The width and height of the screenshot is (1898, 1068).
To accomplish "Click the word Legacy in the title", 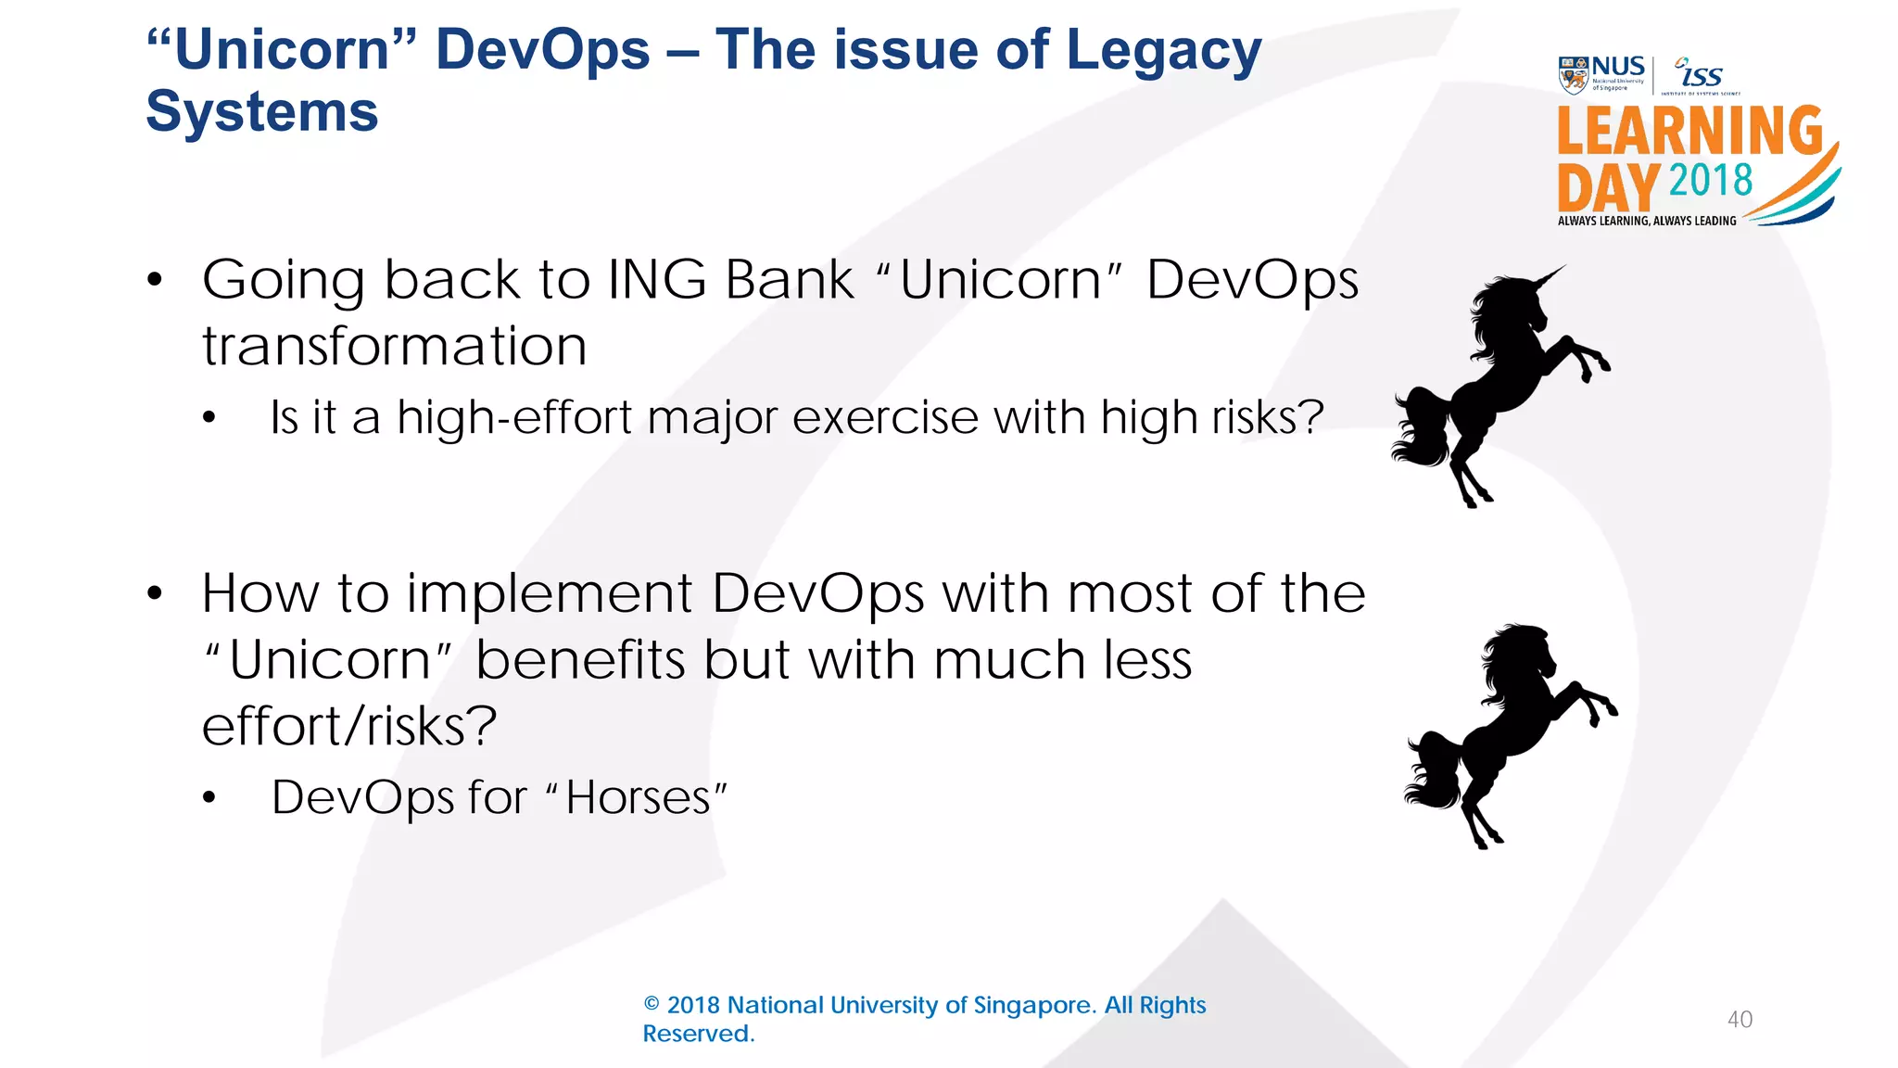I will pos(1163,51).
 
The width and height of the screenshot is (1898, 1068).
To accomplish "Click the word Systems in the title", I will pos(262,112).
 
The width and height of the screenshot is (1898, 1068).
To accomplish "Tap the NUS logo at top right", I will pos(1601,74).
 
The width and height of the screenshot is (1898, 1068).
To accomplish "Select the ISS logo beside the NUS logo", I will pos(1701,75).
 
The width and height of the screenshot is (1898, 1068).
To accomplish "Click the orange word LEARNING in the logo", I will pos(1689,132).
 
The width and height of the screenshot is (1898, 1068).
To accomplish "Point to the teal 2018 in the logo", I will pos(1711,180).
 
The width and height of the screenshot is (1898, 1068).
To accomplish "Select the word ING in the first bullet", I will pos(657,279).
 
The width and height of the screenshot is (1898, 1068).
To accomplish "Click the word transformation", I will pos(395,347).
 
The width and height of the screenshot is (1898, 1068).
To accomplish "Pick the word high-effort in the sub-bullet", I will pos(514,417).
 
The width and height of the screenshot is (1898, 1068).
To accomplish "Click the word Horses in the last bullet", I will pos(638,797).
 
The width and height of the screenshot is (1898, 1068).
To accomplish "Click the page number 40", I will pos(1740,1020).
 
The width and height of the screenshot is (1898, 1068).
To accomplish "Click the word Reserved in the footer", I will pos(696,1034).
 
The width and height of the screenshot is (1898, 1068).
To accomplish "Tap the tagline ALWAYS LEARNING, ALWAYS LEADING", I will pos(1647,221).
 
